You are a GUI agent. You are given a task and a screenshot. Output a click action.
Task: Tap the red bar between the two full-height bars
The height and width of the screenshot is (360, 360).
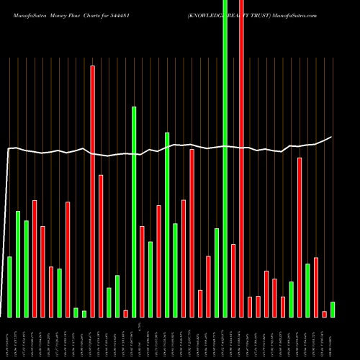(233, 281)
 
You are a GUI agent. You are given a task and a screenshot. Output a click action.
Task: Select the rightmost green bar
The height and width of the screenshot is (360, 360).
(333, 310)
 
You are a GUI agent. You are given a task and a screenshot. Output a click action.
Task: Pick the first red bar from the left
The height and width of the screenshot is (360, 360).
(35, 258)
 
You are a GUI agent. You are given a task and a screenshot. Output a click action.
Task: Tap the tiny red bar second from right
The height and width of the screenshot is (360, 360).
(324, 314)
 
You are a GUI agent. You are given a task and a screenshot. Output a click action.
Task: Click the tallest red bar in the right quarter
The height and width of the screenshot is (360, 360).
(300, 238)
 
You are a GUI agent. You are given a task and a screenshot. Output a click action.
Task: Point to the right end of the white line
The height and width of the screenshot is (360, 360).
(331, 137)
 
